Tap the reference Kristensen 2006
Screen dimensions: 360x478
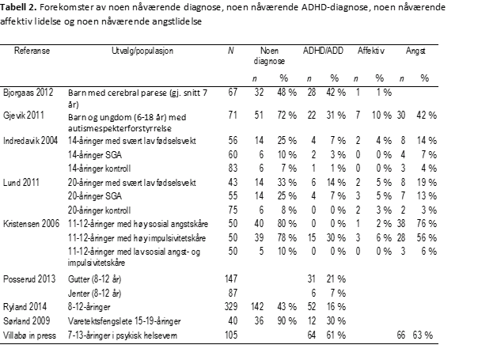click(33, 224)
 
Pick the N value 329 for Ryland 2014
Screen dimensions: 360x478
click(230, 307)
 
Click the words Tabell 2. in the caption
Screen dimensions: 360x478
click(21, 8)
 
